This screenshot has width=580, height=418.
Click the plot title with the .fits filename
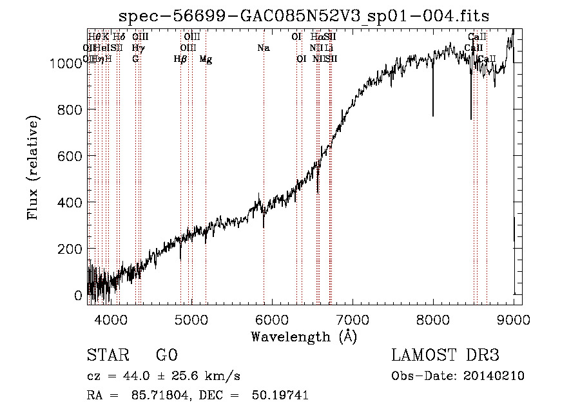pyautogui.click(x=304, y=16)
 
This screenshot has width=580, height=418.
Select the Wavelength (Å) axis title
pyautogui.click(x=304, y=336)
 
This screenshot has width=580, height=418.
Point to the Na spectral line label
pyautogui.click(x=263, y=48)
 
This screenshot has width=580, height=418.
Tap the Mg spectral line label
pyautogui.click(x=206, y=59)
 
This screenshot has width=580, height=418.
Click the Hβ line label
pyautogui.click(x=180, y=59)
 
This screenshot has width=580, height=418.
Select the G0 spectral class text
pyautogui.click(x=167, y=356)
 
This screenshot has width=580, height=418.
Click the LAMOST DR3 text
pyautogui.click(x=445, y=356)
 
